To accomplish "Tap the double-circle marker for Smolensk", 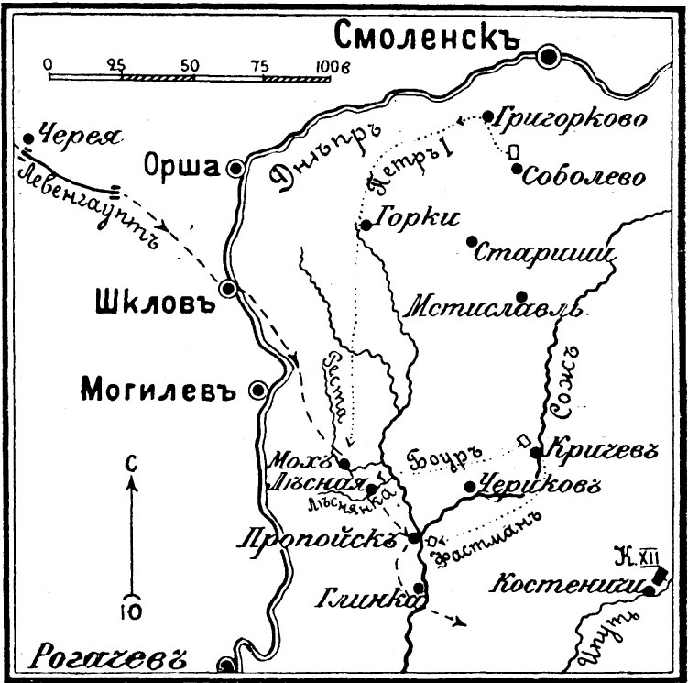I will pos(550,58).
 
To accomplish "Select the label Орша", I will pos(182,166).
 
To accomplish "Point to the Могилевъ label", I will pos(159,389).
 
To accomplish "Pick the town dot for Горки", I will pos(365,225).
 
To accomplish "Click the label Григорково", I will pos(571,118).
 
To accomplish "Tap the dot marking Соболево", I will pos(518,169).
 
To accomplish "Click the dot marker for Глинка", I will pos(419,588).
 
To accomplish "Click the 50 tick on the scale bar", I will pos(190,65).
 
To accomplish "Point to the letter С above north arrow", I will pos(130,465).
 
